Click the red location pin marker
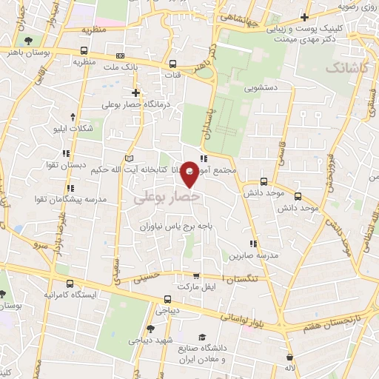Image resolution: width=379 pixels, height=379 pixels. coord(190,173)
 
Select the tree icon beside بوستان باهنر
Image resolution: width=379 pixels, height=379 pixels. coord(27,41)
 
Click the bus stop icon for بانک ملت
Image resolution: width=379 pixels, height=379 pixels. coord(118,56)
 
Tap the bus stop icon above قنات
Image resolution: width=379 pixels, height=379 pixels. coord(172,64)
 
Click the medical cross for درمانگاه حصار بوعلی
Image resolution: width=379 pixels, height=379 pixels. coord(135,93)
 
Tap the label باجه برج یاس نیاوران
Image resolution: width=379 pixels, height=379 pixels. coord(175,226)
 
